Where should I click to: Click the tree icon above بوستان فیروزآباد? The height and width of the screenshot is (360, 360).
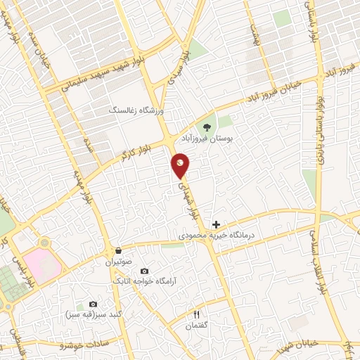tap(207, 127)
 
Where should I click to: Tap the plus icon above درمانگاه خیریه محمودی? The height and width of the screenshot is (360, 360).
tap(216, 224)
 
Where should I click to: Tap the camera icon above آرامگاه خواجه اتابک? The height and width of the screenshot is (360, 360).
tap(145, 271)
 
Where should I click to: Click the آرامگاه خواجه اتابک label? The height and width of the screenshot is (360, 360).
tap(145, 281)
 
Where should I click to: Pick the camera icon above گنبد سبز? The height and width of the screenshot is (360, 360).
tap(92, 304)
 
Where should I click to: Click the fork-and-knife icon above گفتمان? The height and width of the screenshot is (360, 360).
tap(198, 314)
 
